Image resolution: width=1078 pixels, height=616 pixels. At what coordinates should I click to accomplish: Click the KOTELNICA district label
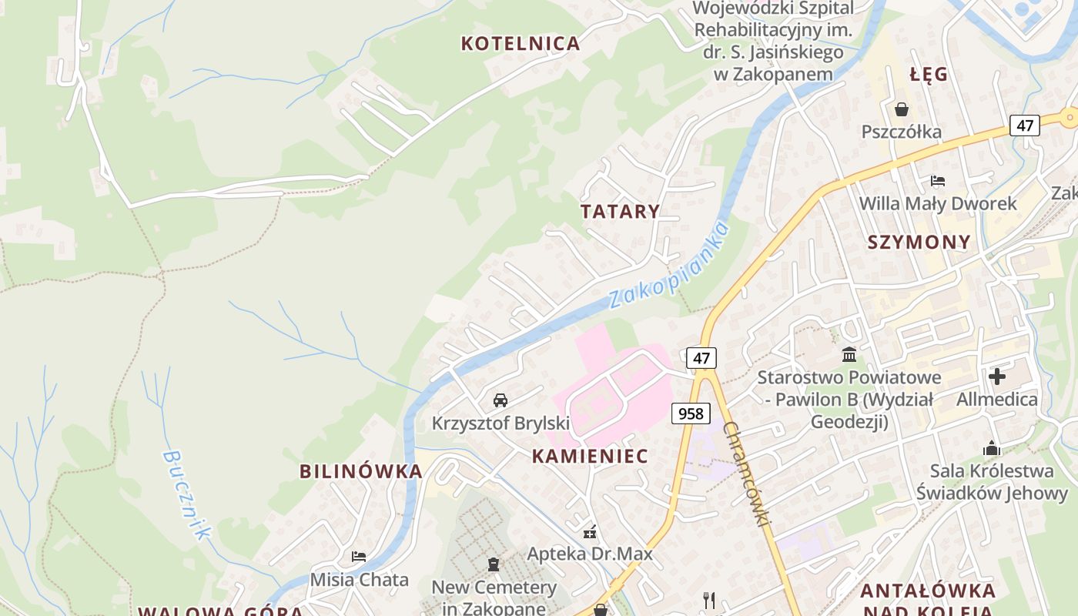coord(521,43)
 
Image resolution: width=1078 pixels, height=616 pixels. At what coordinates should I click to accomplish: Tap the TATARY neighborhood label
coord(620,212)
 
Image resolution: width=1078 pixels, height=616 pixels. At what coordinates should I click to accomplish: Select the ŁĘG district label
coord(928,75)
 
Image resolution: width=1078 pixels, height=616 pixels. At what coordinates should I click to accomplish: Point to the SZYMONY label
coord(919,243)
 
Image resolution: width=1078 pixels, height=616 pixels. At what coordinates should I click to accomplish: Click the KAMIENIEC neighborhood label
coord(590,456)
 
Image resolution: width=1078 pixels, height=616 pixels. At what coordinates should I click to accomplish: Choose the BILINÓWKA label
coord(361,471)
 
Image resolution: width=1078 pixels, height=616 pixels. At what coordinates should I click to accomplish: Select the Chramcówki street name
coord(747,474)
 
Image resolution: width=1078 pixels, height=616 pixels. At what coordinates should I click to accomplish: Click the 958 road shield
coord(691,413)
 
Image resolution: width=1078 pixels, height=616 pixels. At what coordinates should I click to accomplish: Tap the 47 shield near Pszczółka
coord(1025,125)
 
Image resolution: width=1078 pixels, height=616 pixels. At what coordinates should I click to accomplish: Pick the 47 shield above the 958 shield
coord(701,358)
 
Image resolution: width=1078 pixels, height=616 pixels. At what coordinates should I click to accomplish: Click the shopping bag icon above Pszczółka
coord(901,109)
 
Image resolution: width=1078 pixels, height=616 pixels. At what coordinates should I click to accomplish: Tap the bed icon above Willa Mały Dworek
coord(937,181)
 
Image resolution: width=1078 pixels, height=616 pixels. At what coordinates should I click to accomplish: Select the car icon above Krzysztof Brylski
coord(500,400)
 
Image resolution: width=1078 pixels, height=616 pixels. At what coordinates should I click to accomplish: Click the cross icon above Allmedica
coord(997,377)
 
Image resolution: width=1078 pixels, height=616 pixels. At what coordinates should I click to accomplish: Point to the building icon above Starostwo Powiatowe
coord(849,355)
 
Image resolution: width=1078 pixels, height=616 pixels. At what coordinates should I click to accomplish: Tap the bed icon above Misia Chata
coord(359,556)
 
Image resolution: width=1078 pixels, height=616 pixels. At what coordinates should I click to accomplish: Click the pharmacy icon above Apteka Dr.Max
coord(590,531)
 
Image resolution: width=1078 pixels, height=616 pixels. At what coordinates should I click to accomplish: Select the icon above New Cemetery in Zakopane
coord(494,564)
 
